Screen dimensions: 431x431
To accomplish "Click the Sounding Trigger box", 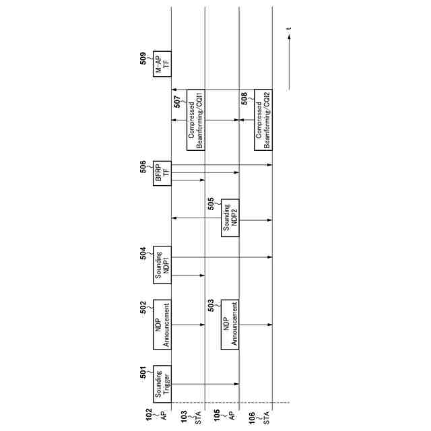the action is click(162, 384).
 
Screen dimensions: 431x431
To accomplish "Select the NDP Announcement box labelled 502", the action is click(162, 325).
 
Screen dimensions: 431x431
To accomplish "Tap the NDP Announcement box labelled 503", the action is click(230, 324).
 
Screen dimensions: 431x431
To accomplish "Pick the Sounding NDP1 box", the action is click(162, 265).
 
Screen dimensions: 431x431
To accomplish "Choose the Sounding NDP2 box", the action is click(230, 217).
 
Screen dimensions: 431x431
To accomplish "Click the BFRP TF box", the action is click(162, 173).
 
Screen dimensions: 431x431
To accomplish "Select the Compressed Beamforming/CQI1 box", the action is click(196, 119).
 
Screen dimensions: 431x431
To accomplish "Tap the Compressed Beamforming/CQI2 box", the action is click(263, 120).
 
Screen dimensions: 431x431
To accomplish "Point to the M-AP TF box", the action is click(162, 63).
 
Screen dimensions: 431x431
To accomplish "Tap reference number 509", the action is click(143, 59).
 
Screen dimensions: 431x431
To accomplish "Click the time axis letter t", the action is click(288, 29).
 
